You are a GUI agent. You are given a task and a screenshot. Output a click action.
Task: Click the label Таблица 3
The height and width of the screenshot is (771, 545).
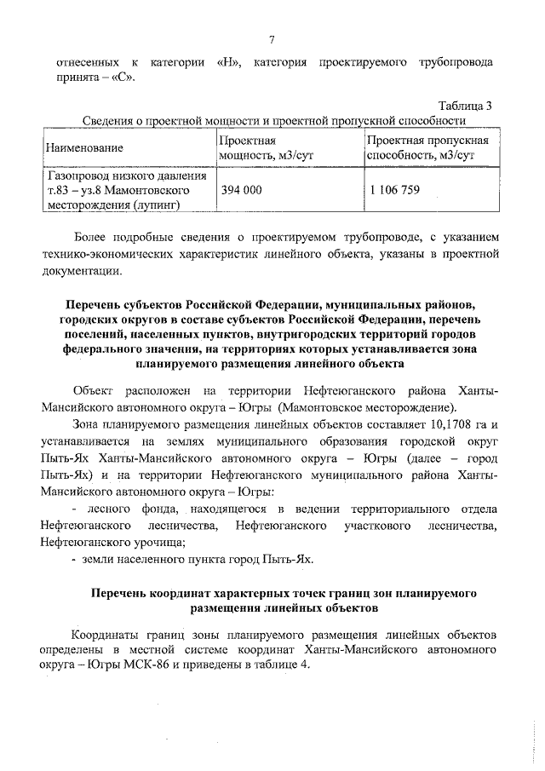pos(464,106)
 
